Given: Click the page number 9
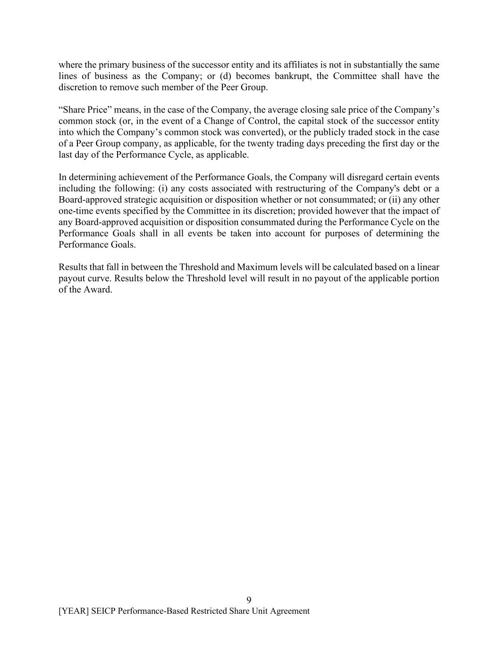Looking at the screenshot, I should tap(249, 600).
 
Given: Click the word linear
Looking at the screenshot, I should tap(427, 267).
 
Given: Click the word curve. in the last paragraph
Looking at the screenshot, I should tap(98, 278).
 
